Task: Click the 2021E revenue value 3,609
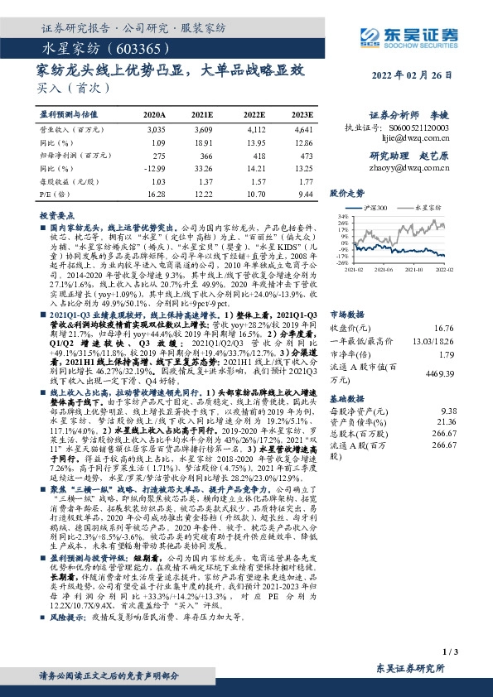[203, 131]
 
